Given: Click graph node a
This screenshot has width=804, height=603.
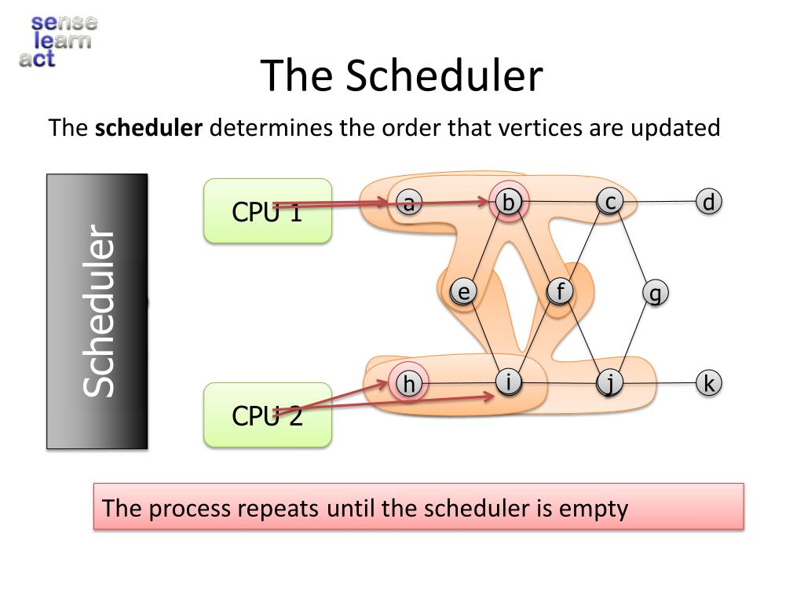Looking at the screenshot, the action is click(408, 202).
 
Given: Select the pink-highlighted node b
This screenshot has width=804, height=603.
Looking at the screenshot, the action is click(508, 202).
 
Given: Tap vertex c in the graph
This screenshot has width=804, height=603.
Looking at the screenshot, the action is click(609, 202).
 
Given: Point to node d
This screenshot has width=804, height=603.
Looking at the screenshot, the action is click(709, 202).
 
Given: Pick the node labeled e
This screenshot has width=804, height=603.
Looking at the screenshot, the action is click(463, 292).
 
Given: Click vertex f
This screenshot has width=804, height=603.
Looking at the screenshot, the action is click(560, 291).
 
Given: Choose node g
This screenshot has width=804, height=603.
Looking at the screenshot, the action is click(656, 293).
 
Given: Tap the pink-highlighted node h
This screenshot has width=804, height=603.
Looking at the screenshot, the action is click(408, 383).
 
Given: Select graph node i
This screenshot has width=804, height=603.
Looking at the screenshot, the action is click(508, 382).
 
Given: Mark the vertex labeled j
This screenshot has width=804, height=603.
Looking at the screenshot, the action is click(609, 383).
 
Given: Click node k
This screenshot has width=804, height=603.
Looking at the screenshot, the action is click(709, 383).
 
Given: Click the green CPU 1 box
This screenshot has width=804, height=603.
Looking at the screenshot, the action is click(268, 210).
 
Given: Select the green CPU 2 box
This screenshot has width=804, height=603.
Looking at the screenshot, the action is click(268, 415).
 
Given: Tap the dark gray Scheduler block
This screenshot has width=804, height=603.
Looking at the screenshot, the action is click(97, 311).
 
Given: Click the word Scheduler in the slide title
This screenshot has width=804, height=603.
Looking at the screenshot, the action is click(444, 76).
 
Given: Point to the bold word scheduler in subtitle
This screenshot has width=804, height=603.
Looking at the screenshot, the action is click(148, 128).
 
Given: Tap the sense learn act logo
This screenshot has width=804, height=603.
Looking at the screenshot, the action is click(58, 41).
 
